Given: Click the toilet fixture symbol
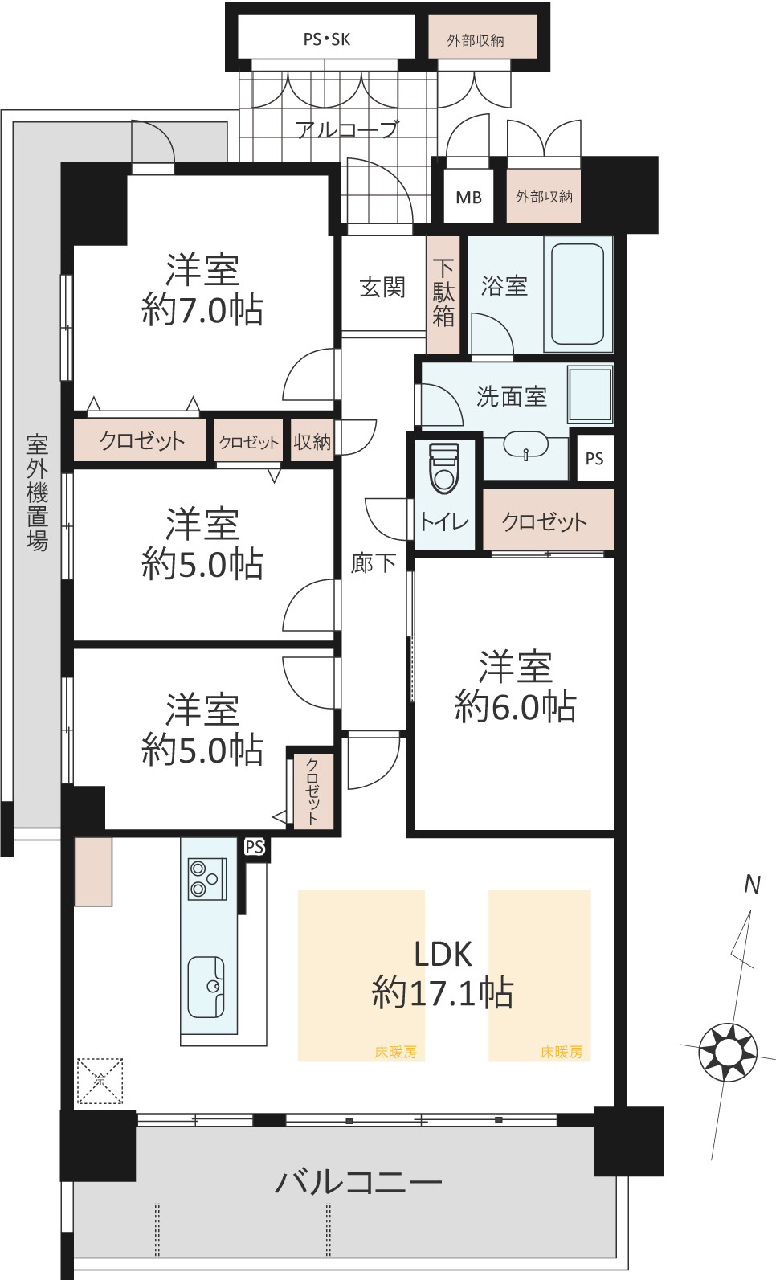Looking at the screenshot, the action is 444,468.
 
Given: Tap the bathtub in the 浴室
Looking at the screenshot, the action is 577,294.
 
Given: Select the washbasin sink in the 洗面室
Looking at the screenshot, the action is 525,445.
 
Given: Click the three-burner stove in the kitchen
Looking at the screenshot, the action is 207,878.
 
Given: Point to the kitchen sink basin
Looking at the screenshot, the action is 206,988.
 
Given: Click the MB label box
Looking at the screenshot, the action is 468,197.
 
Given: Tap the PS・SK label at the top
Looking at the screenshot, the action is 326,39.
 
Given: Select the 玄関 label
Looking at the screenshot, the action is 382,287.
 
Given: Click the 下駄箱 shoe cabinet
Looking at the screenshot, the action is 443,294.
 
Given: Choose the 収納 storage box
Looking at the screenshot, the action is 312,440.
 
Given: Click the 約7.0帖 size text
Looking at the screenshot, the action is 202,310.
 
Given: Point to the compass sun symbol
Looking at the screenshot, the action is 728,1052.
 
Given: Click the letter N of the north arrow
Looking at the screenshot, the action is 753,885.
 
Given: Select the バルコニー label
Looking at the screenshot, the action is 359,1182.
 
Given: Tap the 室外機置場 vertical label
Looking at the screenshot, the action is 37,493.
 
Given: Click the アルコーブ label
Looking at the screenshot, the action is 347,129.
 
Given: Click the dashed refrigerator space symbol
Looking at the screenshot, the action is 100,1081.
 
